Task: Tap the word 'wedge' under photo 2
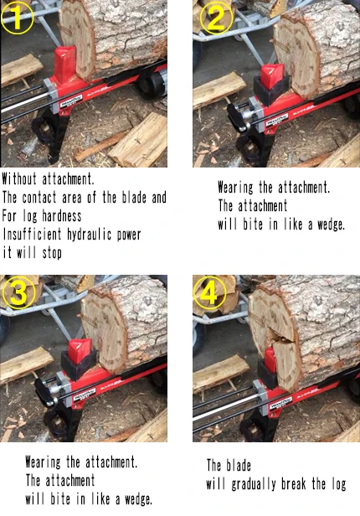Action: tap(325, 224)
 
